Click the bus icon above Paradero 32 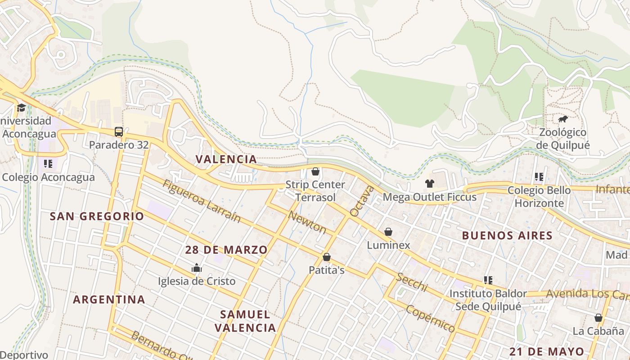tap(119, 132)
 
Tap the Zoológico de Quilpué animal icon tap(562, 119)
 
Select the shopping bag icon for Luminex tap(388, 232)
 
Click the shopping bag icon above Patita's tap(327, 257)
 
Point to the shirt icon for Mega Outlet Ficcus tap(430, 184)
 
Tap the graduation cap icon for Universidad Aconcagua tap(21, 108)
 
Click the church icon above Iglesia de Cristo tap(197, 268)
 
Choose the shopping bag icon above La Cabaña tap(598, 318)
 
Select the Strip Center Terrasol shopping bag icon tap(315, 171)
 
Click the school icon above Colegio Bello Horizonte tap(539, 177)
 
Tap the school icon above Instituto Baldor tap(488, 280)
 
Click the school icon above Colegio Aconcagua tap(48, 163)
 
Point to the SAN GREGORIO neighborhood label tap(97, 216)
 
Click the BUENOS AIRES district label tap(507, 235)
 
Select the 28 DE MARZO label tap(226, 250)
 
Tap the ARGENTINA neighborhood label tap(109, 299)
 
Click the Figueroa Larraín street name tap(201, 201)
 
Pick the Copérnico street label tap(430, 318)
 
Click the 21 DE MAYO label tap(547, 351)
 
